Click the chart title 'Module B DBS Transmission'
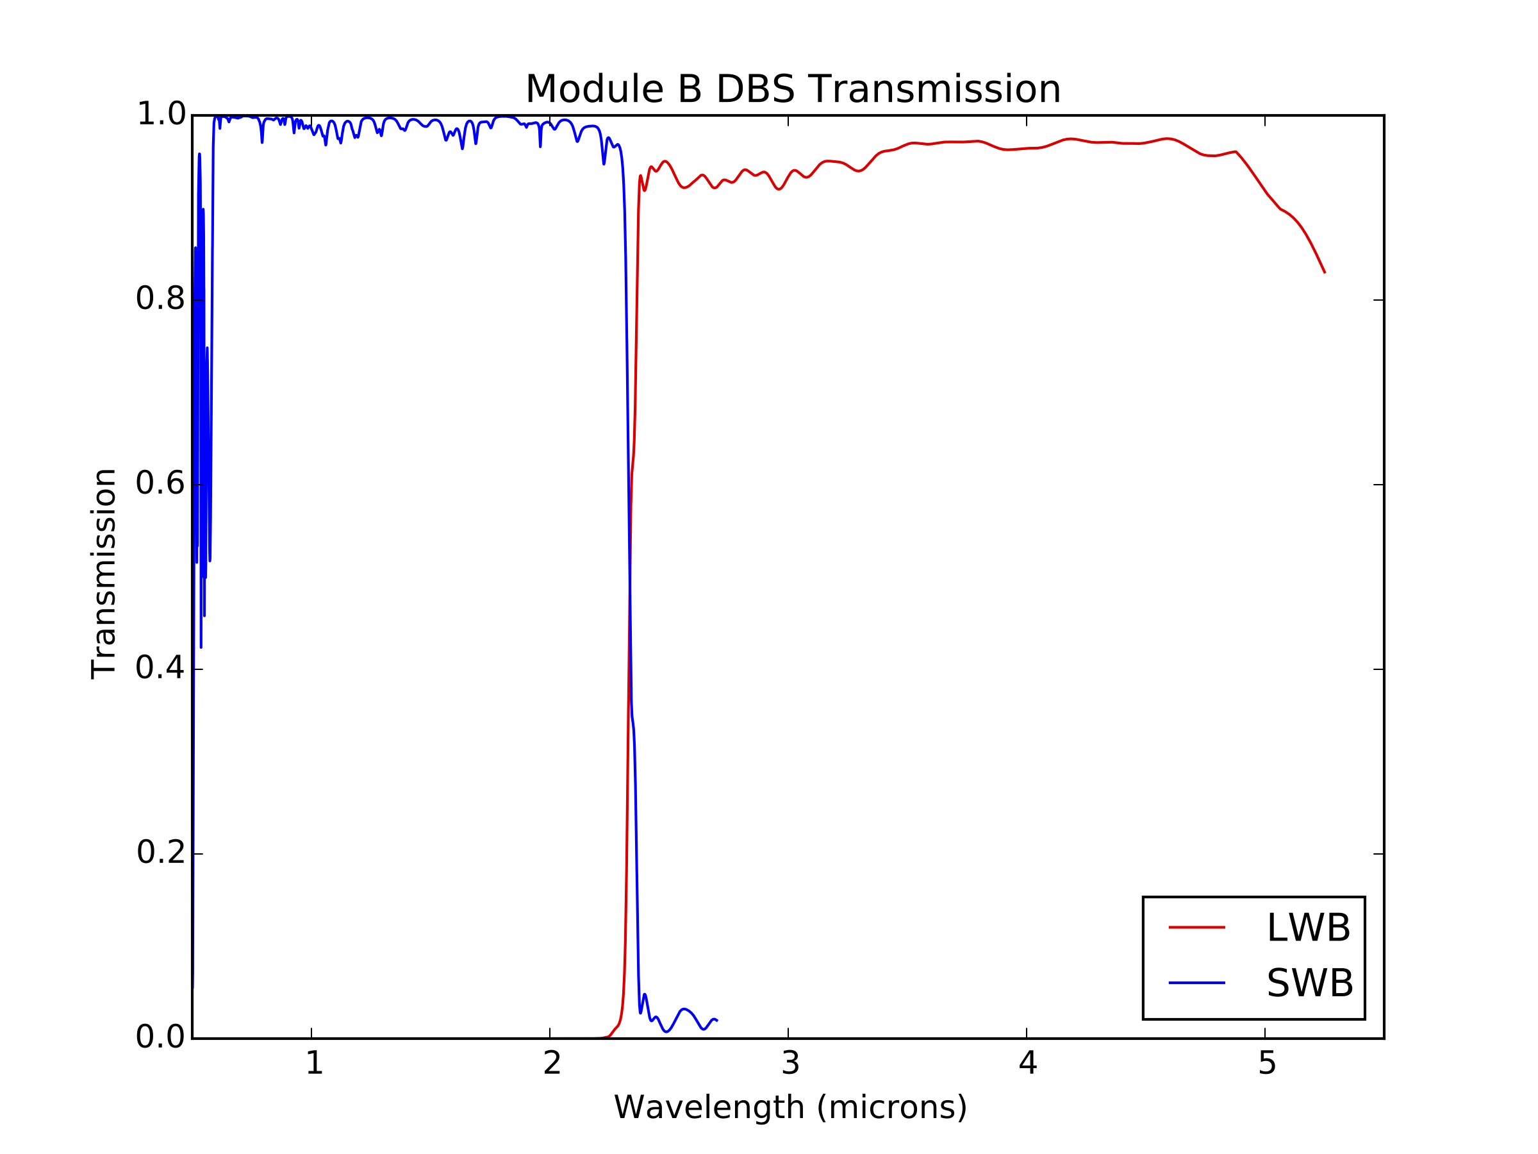(x=793, y=90)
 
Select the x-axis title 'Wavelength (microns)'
(x=790, y=1107)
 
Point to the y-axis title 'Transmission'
(x=104, y=573)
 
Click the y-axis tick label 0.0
(x=161, y=1037)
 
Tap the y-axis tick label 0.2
(x=161, y=853)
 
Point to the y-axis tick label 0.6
(x=161, y=483)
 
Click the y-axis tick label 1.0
(x=161, y=115)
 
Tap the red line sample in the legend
(x=1196, y=928)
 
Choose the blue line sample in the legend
(x=1196, y=983)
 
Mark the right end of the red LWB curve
(x=1325, y=272)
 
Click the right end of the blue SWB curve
(x=717, y=1021)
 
